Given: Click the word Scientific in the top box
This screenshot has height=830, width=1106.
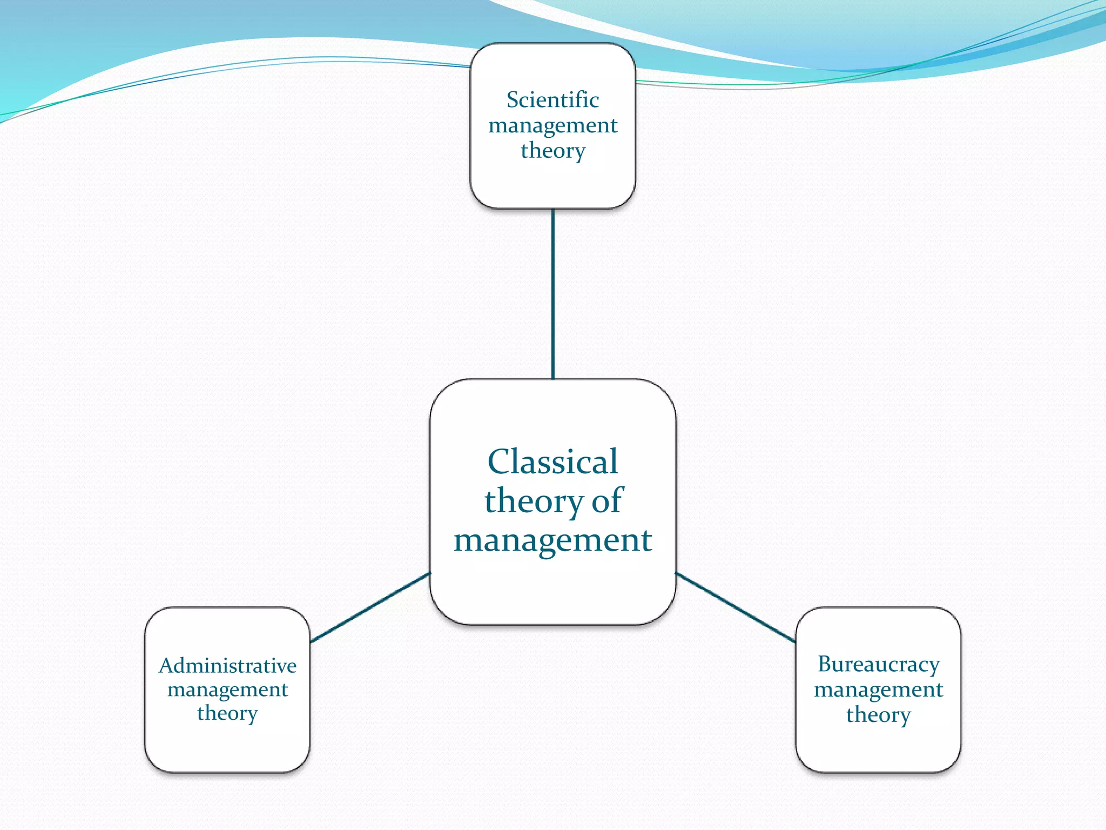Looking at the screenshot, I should point(552,100).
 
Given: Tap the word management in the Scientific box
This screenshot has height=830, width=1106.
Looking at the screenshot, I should point(552,126).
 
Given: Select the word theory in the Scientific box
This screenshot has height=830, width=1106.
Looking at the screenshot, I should point(552,151).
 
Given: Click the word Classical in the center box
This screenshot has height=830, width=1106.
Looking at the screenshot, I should point(552,462).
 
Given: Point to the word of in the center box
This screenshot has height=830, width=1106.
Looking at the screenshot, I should point(607,501).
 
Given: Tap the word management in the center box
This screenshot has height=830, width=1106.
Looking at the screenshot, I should point(552,540).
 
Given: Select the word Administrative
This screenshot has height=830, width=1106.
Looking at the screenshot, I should point(227,666).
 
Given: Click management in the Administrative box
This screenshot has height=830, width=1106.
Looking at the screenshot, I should point(227,690).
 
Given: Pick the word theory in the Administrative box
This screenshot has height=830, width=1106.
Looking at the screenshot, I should point(227,713).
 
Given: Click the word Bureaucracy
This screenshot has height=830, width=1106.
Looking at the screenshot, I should point(878,664).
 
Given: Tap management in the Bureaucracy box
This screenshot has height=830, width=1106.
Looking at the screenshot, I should point(878,690).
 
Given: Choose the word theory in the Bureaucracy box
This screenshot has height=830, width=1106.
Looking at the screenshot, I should point(878,715).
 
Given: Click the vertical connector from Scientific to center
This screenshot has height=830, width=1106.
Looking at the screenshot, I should point(552,294).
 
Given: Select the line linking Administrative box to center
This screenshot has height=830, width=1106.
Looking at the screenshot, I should point(370,607).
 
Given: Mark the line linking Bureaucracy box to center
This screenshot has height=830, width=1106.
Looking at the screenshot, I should point(736,607).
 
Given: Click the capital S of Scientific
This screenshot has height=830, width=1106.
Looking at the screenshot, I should point(512,100).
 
